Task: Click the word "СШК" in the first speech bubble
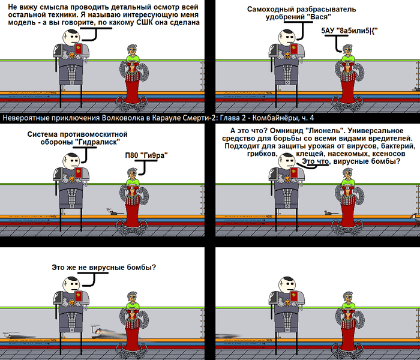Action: (x=145, y=22)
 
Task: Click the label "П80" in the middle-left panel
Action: (x=131, y=155)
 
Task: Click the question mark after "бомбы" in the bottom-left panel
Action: (x=154, y=268)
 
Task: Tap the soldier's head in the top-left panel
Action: (x=71, y=37)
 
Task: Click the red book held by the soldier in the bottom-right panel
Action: (x=293, y=296)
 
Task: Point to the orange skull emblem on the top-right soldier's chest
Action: (x=287, y=56)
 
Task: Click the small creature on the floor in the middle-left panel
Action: (x=114, y=212)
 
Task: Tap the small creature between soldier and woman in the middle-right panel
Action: (x=331, y=212)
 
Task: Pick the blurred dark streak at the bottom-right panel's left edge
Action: (x=227, y=336)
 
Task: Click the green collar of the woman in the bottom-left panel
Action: (x=133, y=305)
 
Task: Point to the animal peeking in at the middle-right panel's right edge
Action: (x=416, y=220)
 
